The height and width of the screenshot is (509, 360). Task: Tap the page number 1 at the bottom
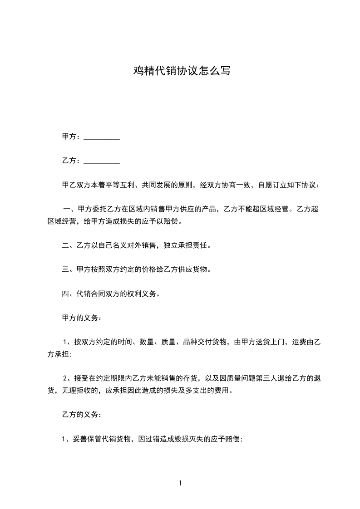(180, 484)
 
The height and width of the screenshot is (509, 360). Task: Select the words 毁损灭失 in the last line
(187, 439)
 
